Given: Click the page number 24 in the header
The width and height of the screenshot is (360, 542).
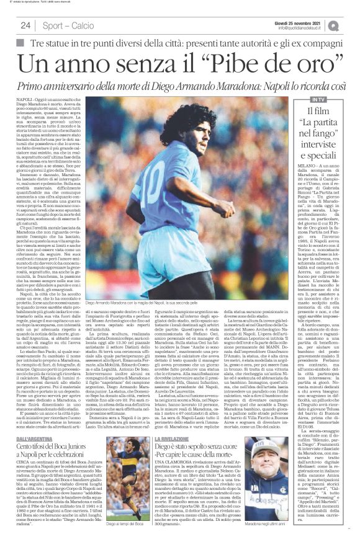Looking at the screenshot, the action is tap(26, 25).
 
